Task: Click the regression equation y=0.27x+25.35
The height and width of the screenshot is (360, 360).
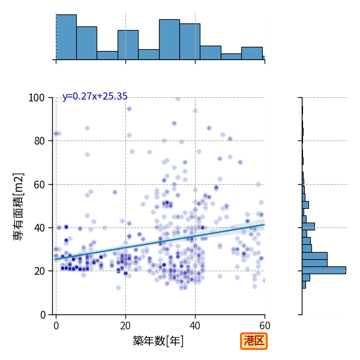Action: tap(95, 96)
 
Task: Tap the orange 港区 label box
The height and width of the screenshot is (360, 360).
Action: tap(254, 341)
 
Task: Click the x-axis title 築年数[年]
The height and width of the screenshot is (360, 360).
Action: tap(158, 341)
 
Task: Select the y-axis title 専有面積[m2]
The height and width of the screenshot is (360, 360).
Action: tap(19, 206)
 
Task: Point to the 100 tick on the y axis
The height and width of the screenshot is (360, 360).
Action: tap(36, 98)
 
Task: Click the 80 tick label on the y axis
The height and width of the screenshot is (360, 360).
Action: tap(39, 141)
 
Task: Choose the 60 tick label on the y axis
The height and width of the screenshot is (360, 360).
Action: tap(39, 184)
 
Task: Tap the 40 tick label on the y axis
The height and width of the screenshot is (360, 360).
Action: tap(39, 228)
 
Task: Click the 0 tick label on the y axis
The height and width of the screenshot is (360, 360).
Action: tap(43, 315)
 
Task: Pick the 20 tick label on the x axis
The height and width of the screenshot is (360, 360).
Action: tap(125, 326)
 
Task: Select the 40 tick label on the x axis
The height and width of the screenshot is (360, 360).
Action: tap(195, 326)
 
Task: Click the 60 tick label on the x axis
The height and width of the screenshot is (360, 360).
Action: tap(265, 326)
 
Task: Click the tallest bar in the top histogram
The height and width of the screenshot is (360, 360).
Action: tap(67, 37)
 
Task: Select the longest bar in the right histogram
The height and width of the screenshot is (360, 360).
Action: tap(324, 270)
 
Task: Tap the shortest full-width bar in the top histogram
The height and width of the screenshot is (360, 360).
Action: tap(231, 57)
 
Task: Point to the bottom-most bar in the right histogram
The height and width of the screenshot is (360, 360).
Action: tap(304, 284)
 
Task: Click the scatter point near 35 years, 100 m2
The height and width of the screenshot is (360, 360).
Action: tap(178, 98)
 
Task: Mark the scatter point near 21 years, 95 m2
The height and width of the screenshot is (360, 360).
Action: tap(129, 109)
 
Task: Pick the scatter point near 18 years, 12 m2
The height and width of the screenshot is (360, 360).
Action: tap(118, 287)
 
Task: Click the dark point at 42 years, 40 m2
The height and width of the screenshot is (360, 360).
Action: tap(202, 228)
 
